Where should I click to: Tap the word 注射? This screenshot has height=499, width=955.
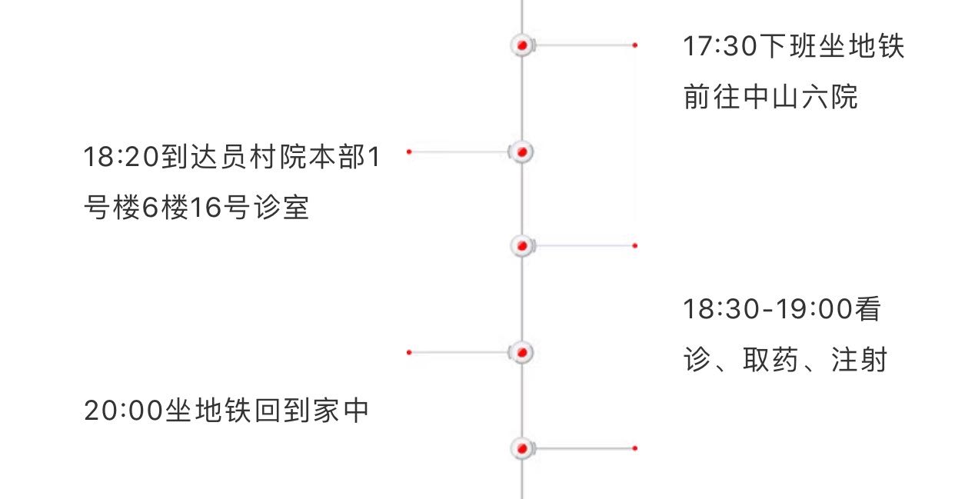[x=860, y=360]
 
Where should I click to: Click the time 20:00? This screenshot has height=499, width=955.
[x=121, y=411]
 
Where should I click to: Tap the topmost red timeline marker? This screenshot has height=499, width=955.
[x=522, y=45]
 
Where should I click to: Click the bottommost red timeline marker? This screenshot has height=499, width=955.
[x=522, y=447]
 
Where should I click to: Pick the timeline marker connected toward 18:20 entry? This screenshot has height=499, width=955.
[x=522, y=152]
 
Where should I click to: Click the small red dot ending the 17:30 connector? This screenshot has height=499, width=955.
[x=634, y=45]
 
